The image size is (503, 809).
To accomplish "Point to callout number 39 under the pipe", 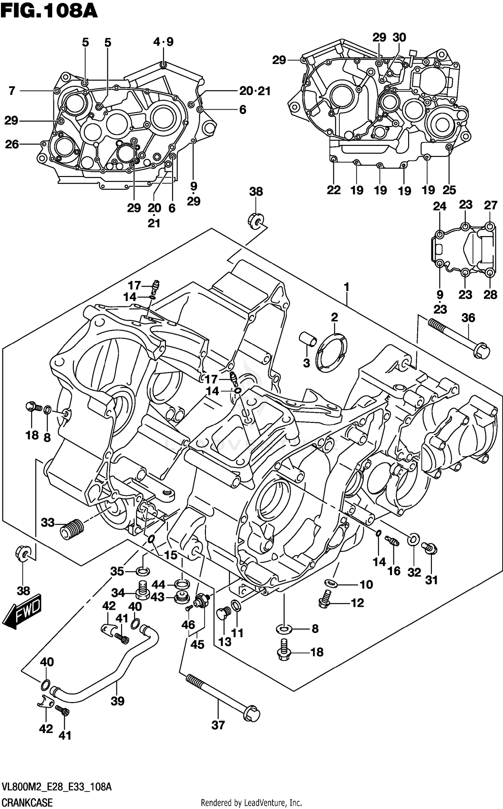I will tap(117, 701).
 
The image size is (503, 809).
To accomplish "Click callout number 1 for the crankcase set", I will tap(346, 287).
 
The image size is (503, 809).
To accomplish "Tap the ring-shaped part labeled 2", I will tap(332, 352).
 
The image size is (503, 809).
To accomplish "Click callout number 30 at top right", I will tap(399, 38).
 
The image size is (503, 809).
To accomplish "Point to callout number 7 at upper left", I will tap(12, 91).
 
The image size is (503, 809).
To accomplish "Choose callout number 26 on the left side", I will tap(12, 144).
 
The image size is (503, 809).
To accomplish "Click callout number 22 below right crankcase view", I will tap(334, 190).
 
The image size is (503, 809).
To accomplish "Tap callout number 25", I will tap(449, 190).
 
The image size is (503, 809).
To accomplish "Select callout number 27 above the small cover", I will tap(490, 205).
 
